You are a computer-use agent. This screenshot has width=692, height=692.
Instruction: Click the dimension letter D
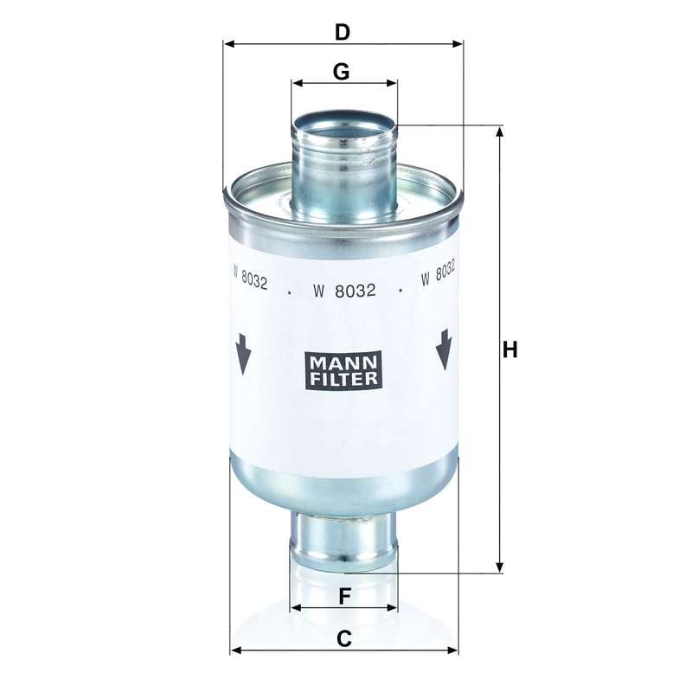[x=342, y=32]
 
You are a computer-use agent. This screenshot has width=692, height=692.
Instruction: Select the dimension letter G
[x=341, y=72]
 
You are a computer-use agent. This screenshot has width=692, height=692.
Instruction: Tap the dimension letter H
[x=510, y=349]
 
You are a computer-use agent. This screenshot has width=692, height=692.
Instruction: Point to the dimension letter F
[x=344, y=597]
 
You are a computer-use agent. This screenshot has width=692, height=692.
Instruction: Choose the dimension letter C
[x=343, y=638]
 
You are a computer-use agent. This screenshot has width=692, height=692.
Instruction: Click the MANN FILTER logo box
[x=343, y=370]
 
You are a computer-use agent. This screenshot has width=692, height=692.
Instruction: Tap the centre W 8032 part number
[x=344, y=291]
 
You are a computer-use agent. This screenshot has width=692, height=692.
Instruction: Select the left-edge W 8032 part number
[x=250, y=278]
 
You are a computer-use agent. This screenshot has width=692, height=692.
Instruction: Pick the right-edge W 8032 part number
[x=438, y=273]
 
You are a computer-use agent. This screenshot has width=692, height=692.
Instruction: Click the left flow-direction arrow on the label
[x=243, y=355]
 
